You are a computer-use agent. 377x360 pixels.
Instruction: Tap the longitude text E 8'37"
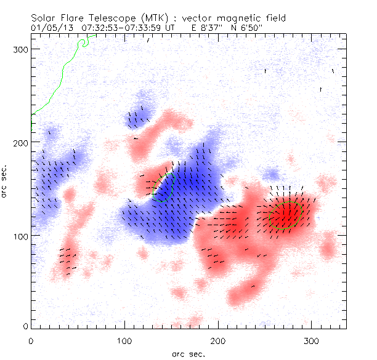coord(195,28)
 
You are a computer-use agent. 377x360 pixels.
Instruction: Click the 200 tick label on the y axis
coord(21,143)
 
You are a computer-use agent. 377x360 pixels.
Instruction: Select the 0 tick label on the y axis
coord(25,326)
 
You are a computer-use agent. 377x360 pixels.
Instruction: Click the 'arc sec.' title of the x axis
coord(188,353)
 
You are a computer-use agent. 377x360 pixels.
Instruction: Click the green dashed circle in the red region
coord(286,215)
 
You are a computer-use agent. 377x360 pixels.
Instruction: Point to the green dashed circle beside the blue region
coord(164,188)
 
